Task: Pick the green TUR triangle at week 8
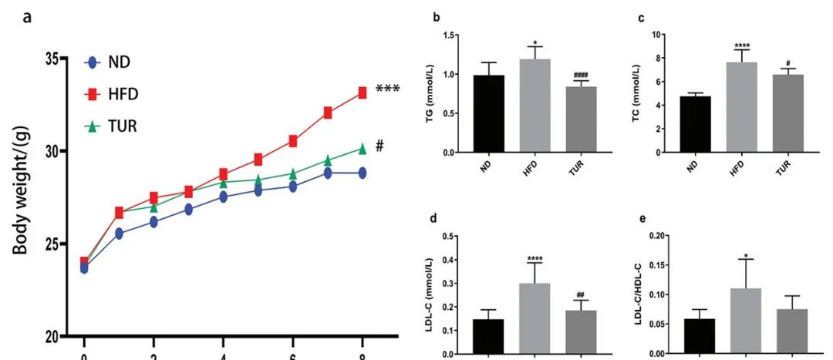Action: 362,149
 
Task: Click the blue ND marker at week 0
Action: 84,268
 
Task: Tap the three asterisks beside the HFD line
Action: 387,89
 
